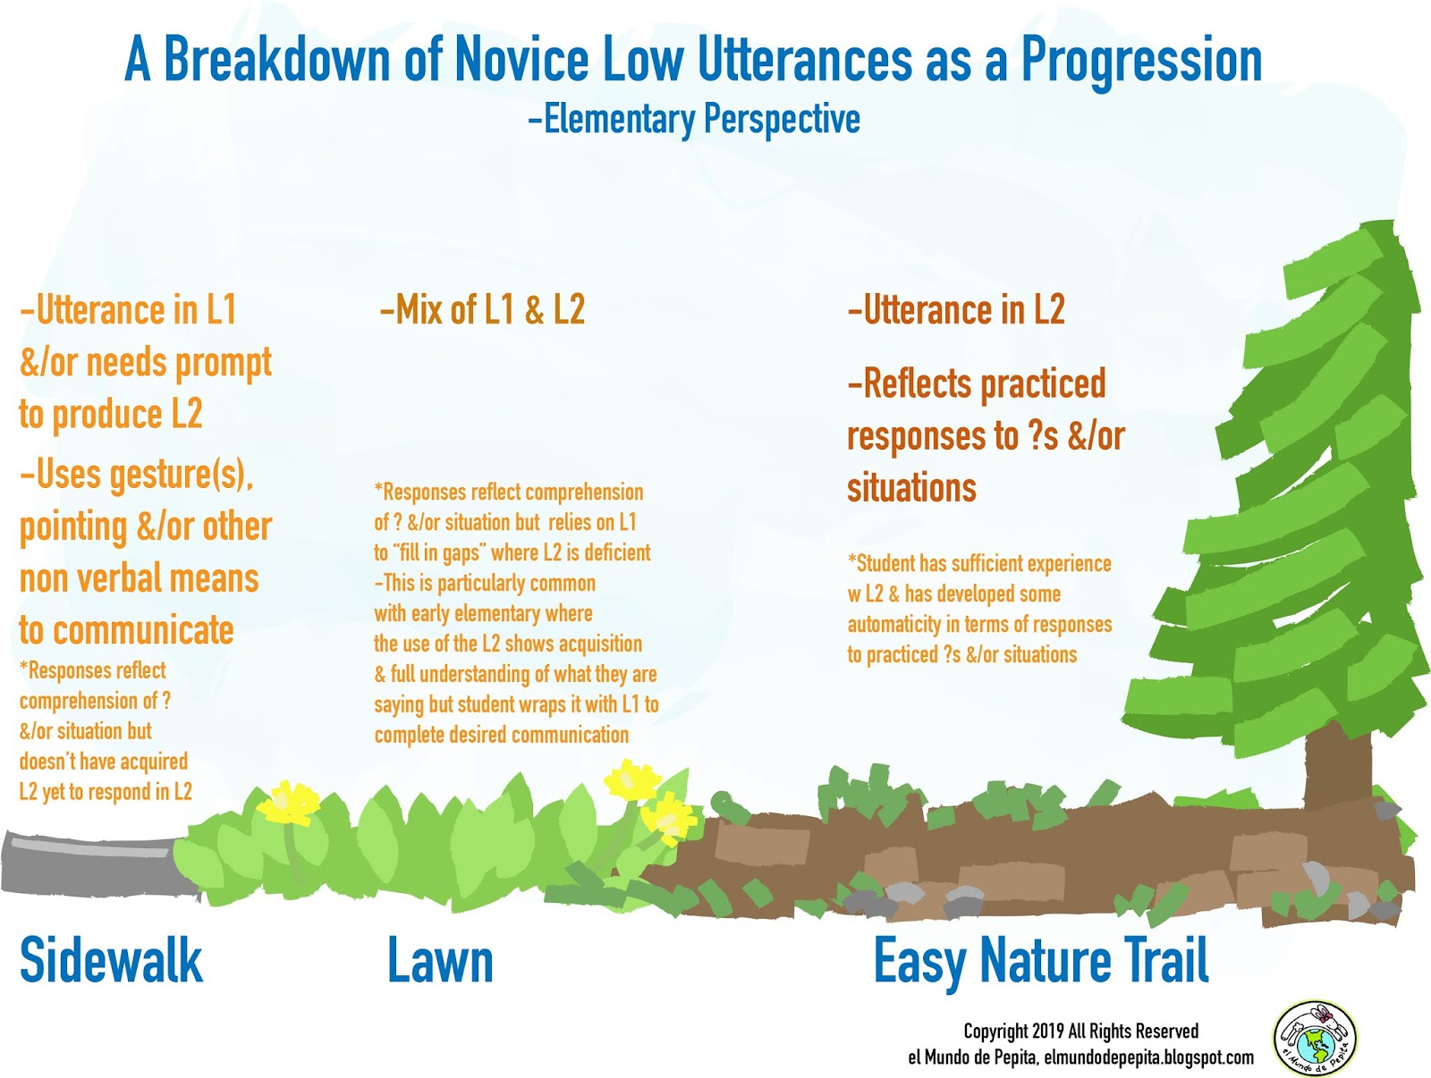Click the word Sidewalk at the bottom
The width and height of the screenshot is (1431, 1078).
point(111,961)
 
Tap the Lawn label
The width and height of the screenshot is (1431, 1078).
point(439,961)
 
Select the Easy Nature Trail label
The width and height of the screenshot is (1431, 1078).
point(1040,961)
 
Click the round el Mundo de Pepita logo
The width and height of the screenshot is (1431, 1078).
point(1315,1040)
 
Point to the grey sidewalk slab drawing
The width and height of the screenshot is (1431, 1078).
point(89,863)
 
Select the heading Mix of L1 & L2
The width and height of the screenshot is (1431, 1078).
point(483,310)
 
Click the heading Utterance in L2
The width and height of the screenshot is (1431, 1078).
point(956,310)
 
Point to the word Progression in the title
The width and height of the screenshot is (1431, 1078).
point(1141,61)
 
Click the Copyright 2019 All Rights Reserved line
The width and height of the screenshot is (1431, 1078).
point(1080,1031)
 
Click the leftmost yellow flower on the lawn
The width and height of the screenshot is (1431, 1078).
point(288,802)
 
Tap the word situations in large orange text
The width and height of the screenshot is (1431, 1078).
point(911,488)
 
